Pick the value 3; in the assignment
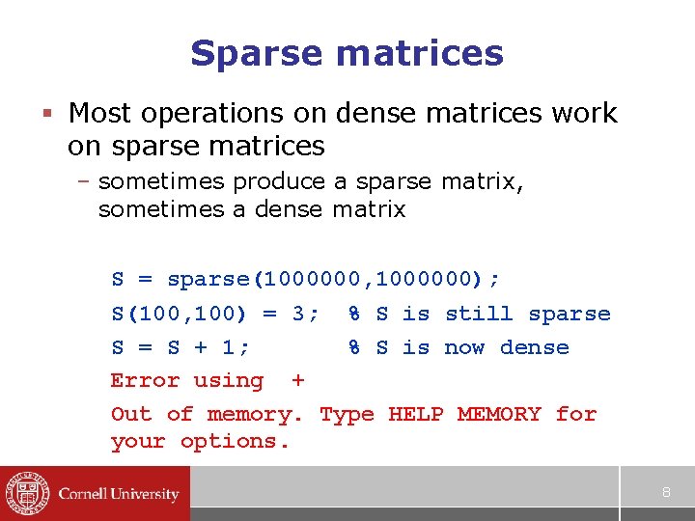[306, 314]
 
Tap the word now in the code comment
[465, 347]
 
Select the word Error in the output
[145, 380]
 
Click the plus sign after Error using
[297, 381]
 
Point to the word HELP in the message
[416, 414]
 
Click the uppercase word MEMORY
[499, 414]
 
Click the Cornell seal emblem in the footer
[27, 494]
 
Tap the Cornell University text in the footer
[119, 494]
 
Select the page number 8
[665, 493]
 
